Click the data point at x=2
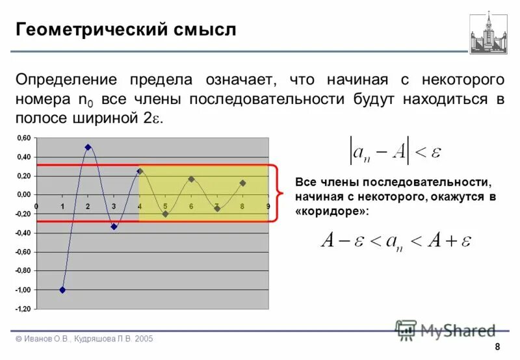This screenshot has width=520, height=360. tap(88, 147)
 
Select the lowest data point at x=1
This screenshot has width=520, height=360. tap(62, 290)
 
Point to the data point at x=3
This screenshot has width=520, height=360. tap(114, 227)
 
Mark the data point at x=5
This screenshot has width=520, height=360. tap(165, 214)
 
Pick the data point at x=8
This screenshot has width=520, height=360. tap(242, 183)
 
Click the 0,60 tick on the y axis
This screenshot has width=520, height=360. tap(23, 138)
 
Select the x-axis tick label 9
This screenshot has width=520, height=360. tap(268, 206)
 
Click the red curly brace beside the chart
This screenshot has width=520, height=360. tap(279, 193)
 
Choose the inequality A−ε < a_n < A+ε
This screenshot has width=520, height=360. tap(396, 240)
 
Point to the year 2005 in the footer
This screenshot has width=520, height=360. tap(144, 339)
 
